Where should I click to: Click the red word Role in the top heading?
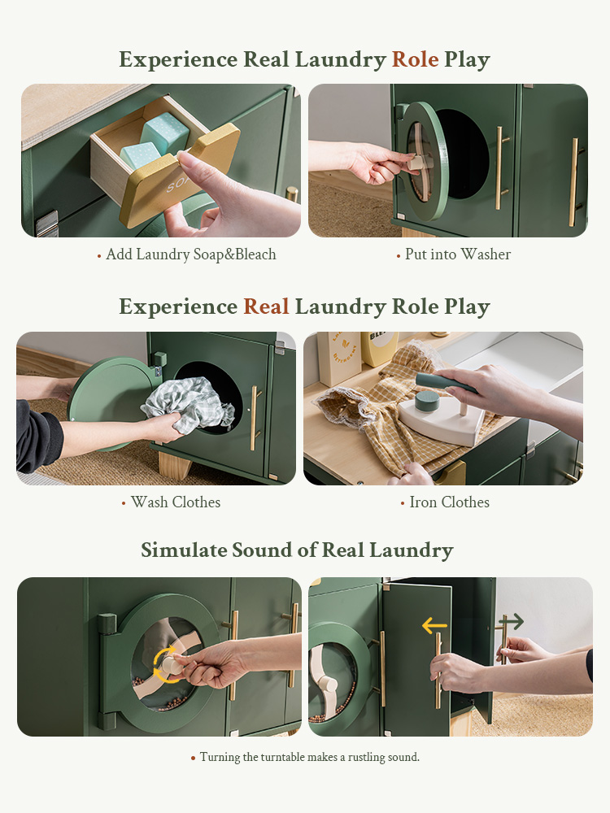(x=415, y=59)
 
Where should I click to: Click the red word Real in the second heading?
(x=266, y=307)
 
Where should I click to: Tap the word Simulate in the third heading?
(x=184, y=550)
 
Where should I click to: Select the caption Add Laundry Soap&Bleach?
(x=191, y=254)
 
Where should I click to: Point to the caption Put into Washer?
(x=457, y=254)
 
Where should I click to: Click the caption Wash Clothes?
(x=176, y=502)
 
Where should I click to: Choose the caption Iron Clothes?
(x=449, y=502)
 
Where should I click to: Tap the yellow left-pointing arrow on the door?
(x=434, y=626)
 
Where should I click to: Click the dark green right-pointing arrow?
(x=512, y=621)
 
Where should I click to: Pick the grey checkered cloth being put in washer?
(x=190, y=406)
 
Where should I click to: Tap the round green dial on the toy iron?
(x=428, y=401)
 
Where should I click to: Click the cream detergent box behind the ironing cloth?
(x=339, y=358)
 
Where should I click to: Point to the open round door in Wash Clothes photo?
(x=111, y=402)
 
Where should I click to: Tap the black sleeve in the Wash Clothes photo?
(x=38, y=436)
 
